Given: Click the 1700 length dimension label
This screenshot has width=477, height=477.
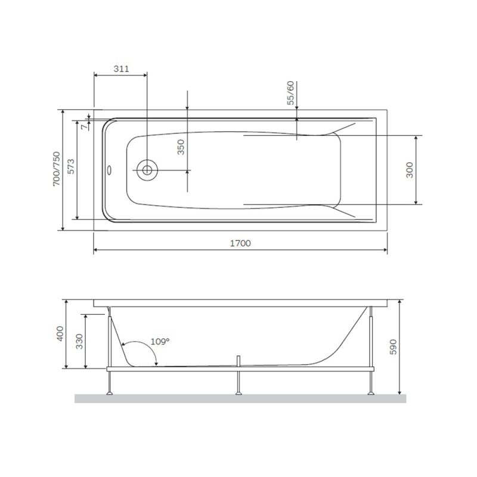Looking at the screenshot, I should [x=240, y=243].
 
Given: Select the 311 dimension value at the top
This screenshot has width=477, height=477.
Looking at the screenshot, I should [x=121, y=69].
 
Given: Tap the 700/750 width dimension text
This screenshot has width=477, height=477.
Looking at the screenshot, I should [x=57, y=169].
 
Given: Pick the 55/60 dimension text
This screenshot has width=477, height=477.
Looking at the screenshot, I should [x=290, y=92].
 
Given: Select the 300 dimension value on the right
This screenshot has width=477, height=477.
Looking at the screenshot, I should [x=409, y=170].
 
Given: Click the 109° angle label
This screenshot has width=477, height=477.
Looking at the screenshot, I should [x=159, y=341].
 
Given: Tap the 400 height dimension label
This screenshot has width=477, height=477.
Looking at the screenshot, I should [x=60, y=334].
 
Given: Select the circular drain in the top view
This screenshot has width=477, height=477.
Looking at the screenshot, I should [x=146, y=169].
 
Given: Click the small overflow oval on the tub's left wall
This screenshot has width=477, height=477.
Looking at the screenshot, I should [x=110, y=169].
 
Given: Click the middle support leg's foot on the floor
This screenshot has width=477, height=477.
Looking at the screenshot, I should [x=239, y=392].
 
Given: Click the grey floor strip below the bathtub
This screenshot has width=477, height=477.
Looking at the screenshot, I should [x=238, y=398].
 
